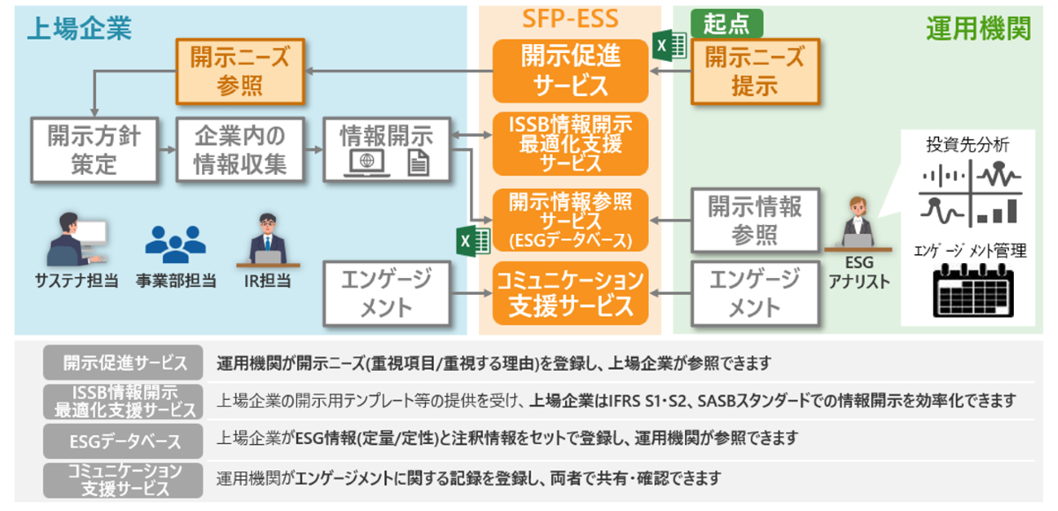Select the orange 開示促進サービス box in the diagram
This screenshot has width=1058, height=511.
(570, 70)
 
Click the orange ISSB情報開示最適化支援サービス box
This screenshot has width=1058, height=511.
(570, 141)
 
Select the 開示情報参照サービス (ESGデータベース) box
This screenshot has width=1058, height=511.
(570, 220)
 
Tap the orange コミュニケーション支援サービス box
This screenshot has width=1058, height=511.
(570, 294)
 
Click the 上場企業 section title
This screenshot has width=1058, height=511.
(79, 28)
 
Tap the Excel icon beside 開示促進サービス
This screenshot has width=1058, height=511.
(665, 46)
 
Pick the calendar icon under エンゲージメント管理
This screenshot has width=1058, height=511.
(972, 292)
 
